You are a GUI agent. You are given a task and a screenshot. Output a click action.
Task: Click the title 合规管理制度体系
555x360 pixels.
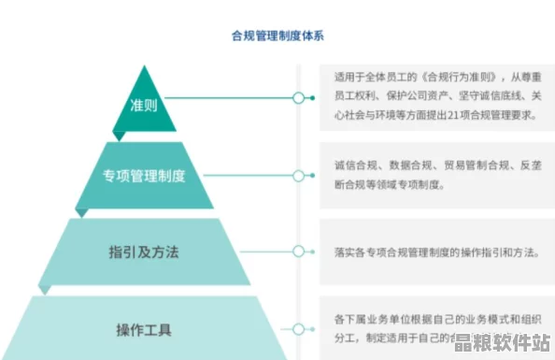(277, 36)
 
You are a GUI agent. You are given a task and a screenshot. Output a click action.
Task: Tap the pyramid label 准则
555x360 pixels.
(143, 106)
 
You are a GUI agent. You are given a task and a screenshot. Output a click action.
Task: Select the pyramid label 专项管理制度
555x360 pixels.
(143, 175)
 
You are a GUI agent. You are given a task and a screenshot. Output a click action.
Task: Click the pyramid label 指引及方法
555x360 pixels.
(143, 252)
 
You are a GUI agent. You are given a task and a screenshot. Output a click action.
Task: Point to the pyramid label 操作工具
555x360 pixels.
(143, 329)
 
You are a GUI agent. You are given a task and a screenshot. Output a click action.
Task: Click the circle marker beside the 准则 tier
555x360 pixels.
(298, 97)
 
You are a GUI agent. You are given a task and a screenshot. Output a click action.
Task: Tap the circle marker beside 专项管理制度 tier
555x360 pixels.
(298, 175)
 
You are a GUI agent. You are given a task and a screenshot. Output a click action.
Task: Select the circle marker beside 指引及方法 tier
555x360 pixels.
(298, 251)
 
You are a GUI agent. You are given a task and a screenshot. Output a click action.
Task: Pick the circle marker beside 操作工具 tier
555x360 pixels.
(298, 329)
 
